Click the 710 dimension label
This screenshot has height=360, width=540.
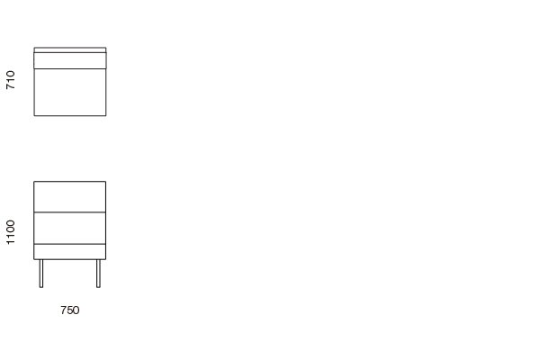click(x=11, y=80)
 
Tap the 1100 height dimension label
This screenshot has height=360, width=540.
click(x=11, y=231)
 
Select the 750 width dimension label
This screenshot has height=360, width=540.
click(x=69, y=310)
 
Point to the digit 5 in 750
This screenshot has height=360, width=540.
click(x=69, y=310)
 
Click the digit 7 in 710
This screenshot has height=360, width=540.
click(x=11, y=86)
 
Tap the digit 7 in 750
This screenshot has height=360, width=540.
click(x=63, y=310)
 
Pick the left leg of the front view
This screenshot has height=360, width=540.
click(x=41, y=273)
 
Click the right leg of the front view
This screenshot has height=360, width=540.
click(x=98, y=273)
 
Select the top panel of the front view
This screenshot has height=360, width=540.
click(x=69, y=196)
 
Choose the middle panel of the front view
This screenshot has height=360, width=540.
click(x=69, y=228)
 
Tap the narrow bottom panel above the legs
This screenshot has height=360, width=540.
click(x=69, y=251)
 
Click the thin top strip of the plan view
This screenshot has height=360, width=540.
click(x=69, y=50)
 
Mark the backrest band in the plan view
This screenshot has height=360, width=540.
click(x=69, y=60)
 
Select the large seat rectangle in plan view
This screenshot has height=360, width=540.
click(x=69, y=92)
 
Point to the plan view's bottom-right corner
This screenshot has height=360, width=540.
click(x=105, y=115)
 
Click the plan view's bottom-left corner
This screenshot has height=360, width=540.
click(x=34, y=115)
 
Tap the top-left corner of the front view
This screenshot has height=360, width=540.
click(x=34, y=182)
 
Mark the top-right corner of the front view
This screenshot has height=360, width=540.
click(x=105, y=182)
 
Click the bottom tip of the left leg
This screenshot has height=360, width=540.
click(x=41, y=287)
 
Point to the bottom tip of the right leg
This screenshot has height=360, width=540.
click(x=98, y=287)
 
